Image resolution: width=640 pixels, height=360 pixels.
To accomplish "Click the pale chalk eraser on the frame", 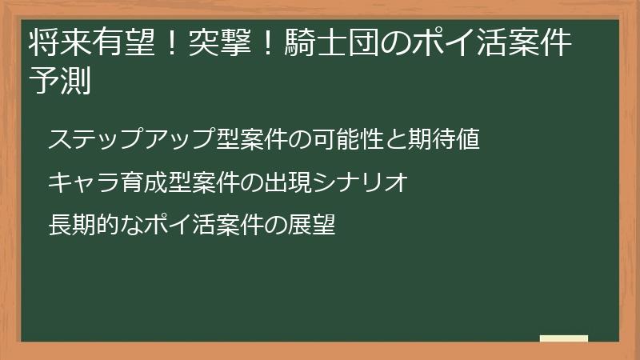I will [563, 339].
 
